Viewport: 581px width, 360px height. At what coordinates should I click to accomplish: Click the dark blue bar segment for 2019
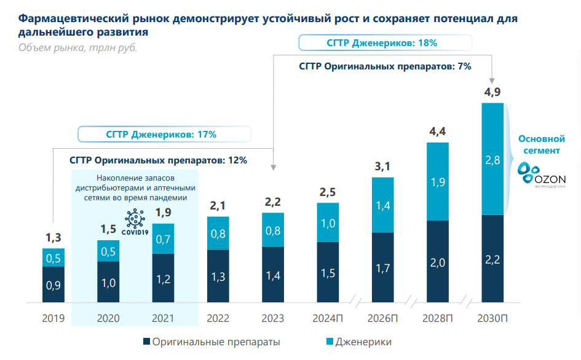pyautogui.click(x=53, y=284)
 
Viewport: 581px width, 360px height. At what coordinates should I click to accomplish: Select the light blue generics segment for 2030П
pyautogui.click(x=492, y=158)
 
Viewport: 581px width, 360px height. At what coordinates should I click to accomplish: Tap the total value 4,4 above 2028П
pyautogui.click(x=437, y=131)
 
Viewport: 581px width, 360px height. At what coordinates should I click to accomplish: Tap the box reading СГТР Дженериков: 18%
pyautogui.click(x=385, y=43)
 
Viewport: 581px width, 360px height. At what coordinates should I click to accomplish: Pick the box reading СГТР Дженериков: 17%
pyautogui.click(x=165, y=134)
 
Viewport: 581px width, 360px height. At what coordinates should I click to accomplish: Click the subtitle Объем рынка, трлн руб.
pyautogui.click(x=77, y=48)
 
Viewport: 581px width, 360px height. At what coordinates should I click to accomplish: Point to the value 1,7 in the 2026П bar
pyautogui.click(x=382, y=268)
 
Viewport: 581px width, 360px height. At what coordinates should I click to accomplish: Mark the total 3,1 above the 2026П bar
pyautogui.click(x=382, y=165)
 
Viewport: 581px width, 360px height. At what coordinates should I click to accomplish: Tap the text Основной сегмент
pyautogui.click(x=541, y=144)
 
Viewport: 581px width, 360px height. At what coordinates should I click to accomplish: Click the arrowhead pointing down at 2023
pyautogui.click(x=273, y=166)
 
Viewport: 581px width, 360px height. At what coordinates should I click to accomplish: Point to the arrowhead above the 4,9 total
pyautogui.click(x=492, y=80)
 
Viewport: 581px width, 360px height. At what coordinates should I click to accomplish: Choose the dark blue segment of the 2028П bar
pyautogui.click(x=437, y=262)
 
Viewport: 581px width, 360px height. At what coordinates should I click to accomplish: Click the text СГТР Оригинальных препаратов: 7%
pyautogui.click(x=385, y=66)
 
